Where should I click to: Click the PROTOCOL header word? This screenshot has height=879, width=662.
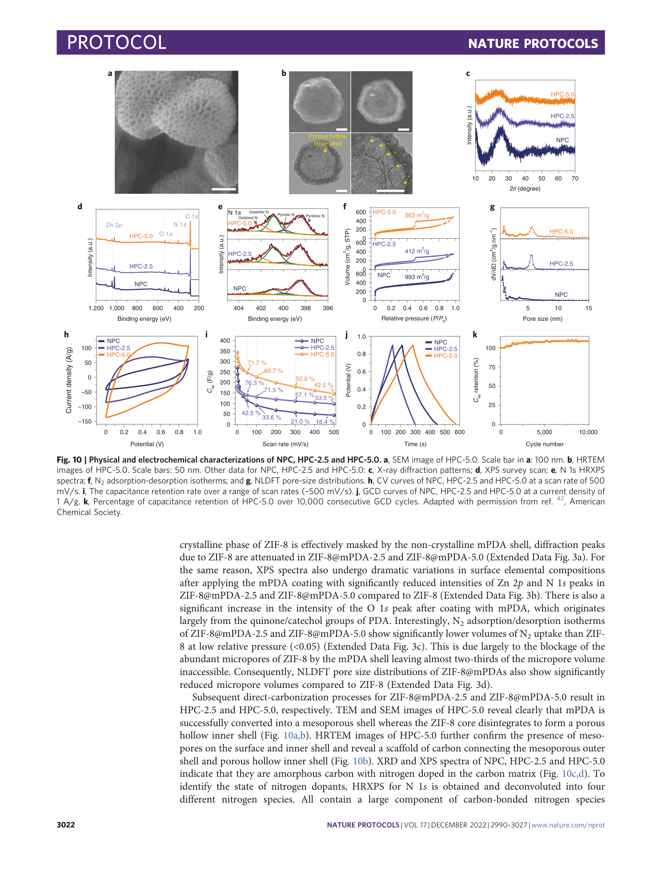[x=116, y=43]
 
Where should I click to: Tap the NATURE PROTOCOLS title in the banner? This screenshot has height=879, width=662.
[x=533, y=44]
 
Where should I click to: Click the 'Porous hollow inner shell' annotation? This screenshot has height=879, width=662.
[x=327, y=140]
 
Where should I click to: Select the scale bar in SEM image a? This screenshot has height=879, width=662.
[x=224, y=189]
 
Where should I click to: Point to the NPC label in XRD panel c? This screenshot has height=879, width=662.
[x=562, y=140]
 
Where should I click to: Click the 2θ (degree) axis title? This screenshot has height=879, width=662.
[x=525, y=189]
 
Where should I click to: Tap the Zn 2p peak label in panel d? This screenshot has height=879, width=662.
[x=114, y=225]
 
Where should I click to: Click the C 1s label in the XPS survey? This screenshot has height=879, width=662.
[x=192, y=216]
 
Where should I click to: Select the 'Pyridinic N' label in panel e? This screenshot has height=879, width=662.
[x=315, y=216]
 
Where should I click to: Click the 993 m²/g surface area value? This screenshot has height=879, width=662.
[x=417, y=277]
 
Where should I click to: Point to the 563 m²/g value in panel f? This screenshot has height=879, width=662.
[x=417, y=216]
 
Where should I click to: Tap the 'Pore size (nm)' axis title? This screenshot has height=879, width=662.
[x=542, y=319]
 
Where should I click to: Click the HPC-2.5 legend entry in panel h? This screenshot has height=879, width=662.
[x=118, y=348]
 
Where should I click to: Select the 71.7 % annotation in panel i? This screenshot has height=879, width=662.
[x=257, y=363]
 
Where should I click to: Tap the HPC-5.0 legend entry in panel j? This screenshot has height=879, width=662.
[x=445, y=356]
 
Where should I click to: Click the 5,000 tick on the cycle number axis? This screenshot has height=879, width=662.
[x=544, y=432]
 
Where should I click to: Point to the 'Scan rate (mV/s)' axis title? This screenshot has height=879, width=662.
[x=285, y=444]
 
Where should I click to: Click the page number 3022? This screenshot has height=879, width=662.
[x=66, y=825]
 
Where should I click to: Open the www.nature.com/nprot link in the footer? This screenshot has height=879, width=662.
[x=568, y=825]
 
